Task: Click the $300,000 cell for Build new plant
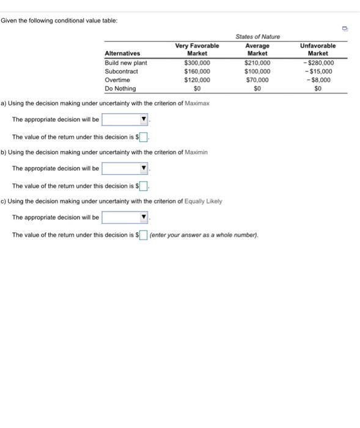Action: [x=197, y=62]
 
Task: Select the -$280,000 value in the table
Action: [x=318, y=62]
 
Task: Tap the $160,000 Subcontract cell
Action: [x=197, y=71]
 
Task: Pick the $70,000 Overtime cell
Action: [x=257, y=79]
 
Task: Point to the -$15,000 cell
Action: [x=318, y=71]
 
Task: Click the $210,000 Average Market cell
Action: [x=257, y=62]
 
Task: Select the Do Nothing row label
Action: [x=120, y=89]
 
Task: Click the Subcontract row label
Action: [x=122, y=71]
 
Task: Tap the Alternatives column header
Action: [x=122, y=53]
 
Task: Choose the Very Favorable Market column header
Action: [x=197, y=49]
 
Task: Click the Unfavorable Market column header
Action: [x=318, y=49]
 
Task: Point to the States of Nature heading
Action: [x=257, y=37]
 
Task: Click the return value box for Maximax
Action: [x=145, y=137]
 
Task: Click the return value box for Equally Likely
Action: [x=144, y=235]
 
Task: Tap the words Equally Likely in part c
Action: [x=203, y=201]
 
